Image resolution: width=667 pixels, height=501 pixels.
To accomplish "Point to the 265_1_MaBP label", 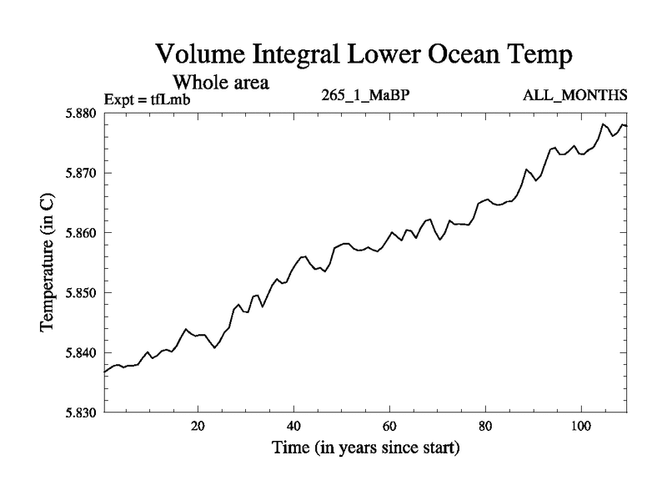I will pyautogui.click(x=364, y=94).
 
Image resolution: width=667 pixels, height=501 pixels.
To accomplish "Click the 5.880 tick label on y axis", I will pyautogui.click(x=83, y=113).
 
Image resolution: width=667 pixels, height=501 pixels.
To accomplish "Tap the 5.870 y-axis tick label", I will pyautogui.click(x=83, y=173).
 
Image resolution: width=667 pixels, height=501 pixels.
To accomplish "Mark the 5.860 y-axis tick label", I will pyautogui.click(x=83, y=233).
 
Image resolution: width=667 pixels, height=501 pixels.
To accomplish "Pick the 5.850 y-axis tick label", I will pyautogui.click(x=83, y=293).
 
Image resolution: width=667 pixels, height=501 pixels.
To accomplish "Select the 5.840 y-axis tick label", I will pyautogui.click(x=83, y=353).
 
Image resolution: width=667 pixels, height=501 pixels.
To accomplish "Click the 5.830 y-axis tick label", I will pyautogui.click(x=83, y=412).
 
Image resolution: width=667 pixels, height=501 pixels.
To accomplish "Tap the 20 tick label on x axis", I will pyautogui.click(x=198, y=426).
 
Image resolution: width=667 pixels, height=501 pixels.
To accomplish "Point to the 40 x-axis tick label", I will pyautogui.click(x=293, y=426).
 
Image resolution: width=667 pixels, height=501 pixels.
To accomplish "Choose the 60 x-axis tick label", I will pyautogui.click(x=389, y=426).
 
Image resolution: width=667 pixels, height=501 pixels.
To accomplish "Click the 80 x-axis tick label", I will pyautogui.click(x=484, y=426).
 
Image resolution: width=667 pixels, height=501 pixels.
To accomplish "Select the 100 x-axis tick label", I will pyautogui.click(x=580, y=426).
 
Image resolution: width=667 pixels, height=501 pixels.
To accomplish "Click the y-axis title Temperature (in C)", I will pyautogui.click(x=48, y=262).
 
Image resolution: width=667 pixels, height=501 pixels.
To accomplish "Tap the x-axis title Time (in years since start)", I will pyautogui.click(x=365, y=448).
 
